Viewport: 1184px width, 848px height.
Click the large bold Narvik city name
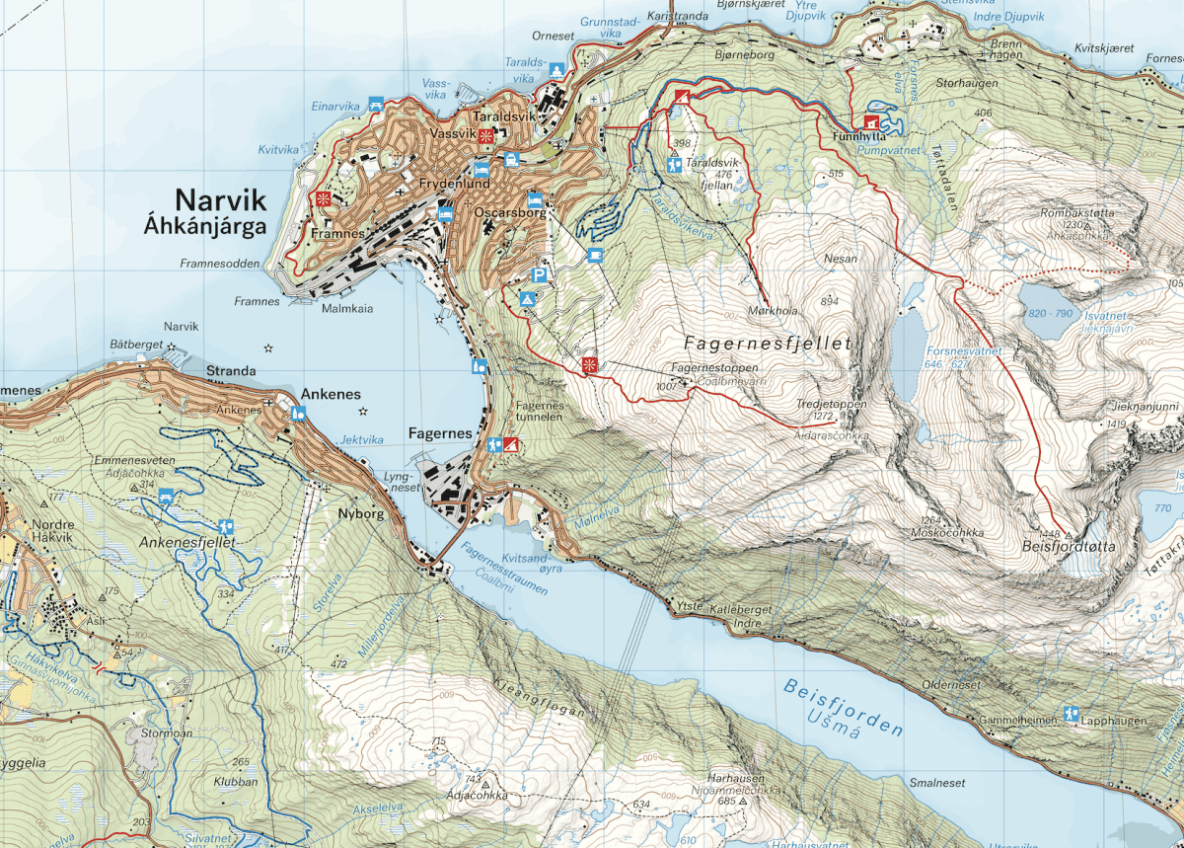tap(220, 200)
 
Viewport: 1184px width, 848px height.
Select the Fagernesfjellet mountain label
tap(767, 344)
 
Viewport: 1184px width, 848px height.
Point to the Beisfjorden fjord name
tap(845, 710)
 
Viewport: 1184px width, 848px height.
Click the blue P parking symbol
tap(540, 275)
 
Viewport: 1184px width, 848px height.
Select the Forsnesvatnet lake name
tap(964, 350)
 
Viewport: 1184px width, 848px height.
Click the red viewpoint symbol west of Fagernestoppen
tap(590, 365)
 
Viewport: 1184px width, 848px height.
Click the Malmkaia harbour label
tap(347, 308)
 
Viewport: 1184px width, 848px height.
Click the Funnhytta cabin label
tap(853, 138)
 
